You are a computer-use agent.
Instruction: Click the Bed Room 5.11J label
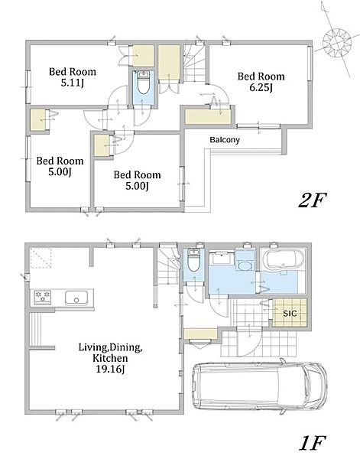click(x=73, y=77)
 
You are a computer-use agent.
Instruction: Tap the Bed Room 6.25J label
click(x=261, y=82)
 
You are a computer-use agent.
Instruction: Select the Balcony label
click(x=225, y=140)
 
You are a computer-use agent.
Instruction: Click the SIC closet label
click(x=290, y=314)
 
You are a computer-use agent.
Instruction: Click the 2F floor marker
click(x=312, y=200)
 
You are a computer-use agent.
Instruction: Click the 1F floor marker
click(x=312, y=443)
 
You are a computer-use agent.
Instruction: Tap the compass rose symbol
click(x=337, y=43)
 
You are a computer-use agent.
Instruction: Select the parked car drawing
click(x=259, y=386)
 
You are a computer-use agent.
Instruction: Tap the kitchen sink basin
click(x=76, y=298)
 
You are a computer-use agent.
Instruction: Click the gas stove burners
click(x=43, y=297)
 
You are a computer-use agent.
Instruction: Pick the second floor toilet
click(x=143, y=83)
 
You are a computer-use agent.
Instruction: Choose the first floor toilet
click(x=193, y=260)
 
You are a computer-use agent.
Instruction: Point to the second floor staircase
click(x=194, y=63)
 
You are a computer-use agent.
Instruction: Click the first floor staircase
click(x=168, y=265)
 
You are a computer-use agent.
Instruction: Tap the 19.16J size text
click(x=110, y=369)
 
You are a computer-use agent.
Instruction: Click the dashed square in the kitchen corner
click(x=41, y=258)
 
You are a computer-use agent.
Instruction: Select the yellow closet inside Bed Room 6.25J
click(x=208, y=117)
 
